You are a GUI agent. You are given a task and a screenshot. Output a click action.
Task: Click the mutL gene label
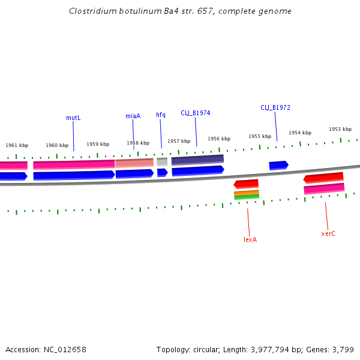pyautogui.click(x=73, y=118)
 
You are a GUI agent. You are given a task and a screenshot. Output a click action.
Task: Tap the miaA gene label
pyautogui.click(x=133, y=116)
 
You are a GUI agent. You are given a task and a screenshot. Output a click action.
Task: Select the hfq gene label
pyautogui.click(x=161, y=115)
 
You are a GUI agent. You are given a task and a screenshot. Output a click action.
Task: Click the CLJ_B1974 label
pyautogui.click(x=196, y=113)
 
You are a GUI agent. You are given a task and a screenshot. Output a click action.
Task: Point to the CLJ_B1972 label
pyautogui.click(x=275, y=107)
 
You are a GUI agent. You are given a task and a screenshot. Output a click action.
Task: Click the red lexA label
pyautogui.click(x=250, y=239)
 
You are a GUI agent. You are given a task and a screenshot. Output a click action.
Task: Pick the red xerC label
pyautogui.click(x=328, y=233)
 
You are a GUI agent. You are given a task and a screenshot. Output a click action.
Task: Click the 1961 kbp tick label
pyautogui.click(x=17, y=145)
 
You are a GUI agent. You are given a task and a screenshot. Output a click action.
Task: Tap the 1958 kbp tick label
pyautogui.click(x=138, y=143)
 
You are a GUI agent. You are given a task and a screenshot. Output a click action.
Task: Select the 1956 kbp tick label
pyautogui.click(x=219, y=139)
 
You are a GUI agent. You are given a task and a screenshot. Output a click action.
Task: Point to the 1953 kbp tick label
pyautogui.click(x=340, y=129)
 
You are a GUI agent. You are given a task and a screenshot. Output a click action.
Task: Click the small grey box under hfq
pyautogui.click(x=162, y=162)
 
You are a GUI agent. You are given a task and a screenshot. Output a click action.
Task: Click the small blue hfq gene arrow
pyautogui.click(x=162, y=173)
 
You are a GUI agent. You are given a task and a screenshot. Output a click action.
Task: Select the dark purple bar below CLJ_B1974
pyautogui.click(x=197, y=160)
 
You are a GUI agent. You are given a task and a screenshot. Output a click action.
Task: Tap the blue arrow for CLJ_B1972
pyautogui.click(x=278, y=165)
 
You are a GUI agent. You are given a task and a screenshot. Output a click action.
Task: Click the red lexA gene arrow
pyautogui.click(x=246, y=184)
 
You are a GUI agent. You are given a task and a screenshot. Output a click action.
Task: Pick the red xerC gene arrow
pyautogui.click(x=323, y=178)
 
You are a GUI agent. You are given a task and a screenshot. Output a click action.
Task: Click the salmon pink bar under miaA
pyautogui.click(x=134, y=163)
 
